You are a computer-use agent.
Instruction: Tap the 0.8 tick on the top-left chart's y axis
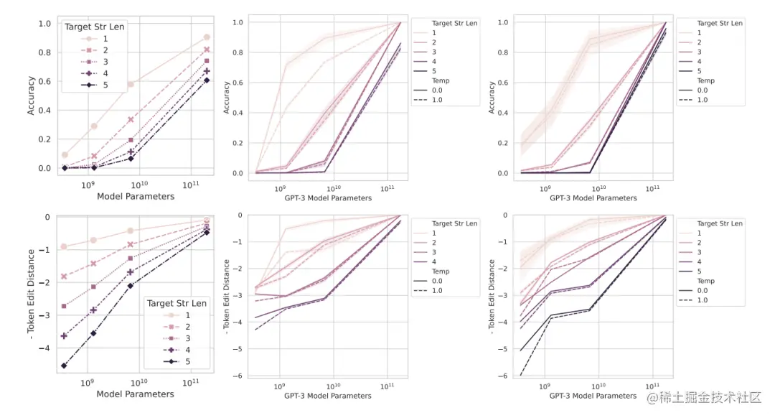44,52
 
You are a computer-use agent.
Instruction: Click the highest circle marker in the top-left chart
207,37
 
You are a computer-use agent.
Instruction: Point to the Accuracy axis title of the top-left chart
31,96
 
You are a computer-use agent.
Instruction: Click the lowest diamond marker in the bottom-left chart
65,366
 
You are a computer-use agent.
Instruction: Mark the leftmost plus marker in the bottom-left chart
65,335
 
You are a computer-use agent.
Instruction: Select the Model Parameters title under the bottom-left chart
135,394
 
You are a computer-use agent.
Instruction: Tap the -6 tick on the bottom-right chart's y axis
504,376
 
